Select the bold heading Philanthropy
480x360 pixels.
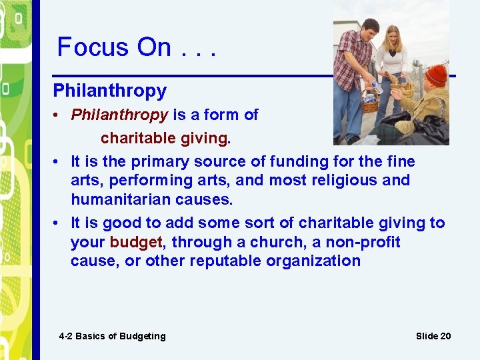pos(109,90)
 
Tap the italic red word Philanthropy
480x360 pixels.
pos(119,115)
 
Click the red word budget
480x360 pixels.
pos(135,242)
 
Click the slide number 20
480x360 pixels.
pos(445,336)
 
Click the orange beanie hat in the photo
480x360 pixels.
pos(437,74)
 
